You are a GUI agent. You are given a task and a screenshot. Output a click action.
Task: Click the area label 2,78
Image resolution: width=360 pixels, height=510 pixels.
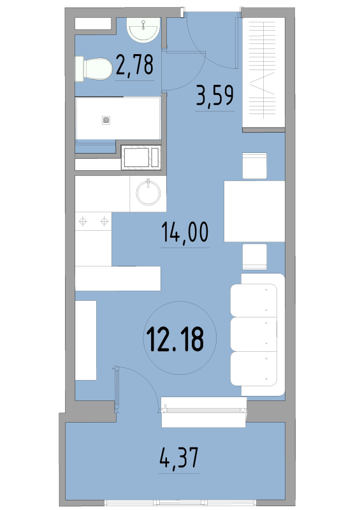[x=134, y=65]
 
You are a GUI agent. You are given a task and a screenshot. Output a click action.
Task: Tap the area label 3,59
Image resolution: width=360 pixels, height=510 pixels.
[x=215, y=96]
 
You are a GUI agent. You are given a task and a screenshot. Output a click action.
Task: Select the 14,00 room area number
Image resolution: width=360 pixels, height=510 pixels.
[x=185, y=232]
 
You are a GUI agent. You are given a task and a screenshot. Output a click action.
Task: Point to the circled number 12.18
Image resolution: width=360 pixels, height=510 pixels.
[x=175, y=339]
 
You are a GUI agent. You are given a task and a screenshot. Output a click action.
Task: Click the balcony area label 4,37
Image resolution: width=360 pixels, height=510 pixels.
[x=179, y=458]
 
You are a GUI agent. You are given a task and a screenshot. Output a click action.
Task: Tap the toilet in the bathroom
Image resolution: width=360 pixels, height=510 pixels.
[x=94, y=69]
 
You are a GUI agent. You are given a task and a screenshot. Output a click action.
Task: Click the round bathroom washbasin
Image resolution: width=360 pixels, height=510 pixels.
[x=143, y=29]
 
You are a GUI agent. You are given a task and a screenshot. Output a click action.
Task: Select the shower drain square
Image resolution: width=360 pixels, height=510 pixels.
[x=106, y=120]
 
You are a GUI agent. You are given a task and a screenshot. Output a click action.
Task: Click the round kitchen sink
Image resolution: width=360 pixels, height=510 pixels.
[x=148, y=193]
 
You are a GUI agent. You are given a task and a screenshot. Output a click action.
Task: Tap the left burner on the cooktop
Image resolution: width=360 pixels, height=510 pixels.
[x=83, y=222]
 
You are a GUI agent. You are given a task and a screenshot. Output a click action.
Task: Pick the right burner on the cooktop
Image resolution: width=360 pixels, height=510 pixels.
[x=104, y=222]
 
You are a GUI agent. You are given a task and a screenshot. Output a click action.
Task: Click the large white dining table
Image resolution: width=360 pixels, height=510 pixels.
[x=254, y=211]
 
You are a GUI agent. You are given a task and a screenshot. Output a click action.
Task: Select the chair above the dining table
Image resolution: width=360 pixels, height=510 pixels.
[x=255, y=166]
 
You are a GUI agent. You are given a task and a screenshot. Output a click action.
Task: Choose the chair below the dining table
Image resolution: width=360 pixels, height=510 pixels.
[x=255, y=257]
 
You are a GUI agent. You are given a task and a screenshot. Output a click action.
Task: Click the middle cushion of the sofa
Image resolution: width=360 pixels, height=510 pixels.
[x=254, y=335]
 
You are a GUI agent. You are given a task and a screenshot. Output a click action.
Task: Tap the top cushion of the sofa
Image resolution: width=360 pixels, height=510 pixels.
[x=254, y=300]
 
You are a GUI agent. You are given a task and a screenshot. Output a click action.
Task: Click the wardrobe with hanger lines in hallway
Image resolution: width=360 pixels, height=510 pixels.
[x=264, y=73]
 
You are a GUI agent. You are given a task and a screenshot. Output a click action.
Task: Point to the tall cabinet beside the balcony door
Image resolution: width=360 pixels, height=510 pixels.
[x=86, y=340]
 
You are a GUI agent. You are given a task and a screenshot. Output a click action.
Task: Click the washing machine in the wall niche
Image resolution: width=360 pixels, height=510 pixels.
[x=141, y=157]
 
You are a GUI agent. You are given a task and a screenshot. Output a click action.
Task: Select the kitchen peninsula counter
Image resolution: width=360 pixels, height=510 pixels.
[x=118, y=279]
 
